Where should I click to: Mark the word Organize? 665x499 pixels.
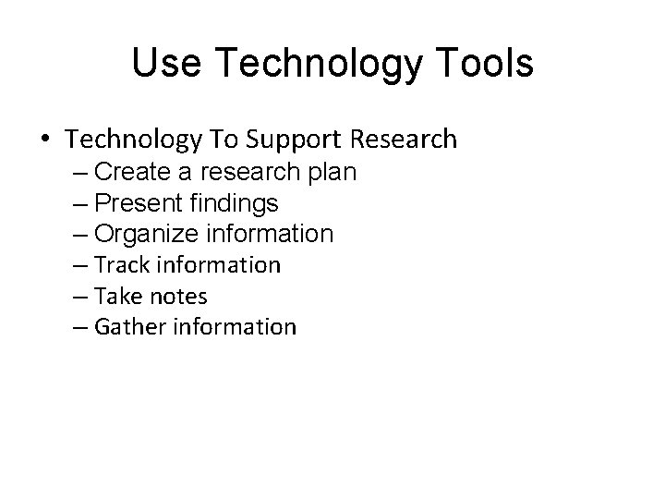click(x=148, y=234)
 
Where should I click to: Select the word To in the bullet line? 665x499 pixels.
click(x=224, y=140)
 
